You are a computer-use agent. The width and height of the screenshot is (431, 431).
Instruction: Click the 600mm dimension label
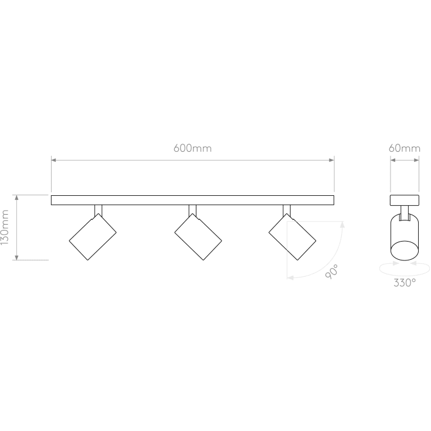pos(192,148)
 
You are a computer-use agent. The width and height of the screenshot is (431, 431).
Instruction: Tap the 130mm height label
pos(6,228)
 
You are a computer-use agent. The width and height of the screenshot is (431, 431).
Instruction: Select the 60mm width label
pos(405,148)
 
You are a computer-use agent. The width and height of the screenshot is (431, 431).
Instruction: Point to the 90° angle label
pos(332,272)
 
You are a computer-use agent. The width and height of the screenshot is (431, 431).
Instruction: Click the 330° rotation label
pos(405,282)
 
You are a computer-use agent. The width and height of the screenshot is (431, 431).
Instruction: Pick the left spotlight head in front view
pos(93,236)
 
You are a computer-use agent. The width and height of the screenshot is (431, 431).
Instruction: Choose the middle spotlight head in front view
pos(198,236)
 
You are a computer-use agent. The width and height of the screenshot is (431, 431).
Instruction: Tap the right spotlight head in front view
pos(292,236)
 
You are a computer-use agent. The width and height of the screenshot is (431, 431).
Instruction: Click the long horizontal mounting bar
pos(192,200)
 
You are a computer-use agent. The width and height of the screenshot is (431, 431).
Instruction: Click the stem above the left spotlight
pos(99,209)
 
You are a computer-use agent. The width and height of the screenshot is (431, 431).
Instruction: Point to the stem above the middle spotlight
pos(192,209)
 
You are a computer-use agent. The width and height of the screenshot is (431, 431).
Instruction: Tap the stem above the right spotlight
pos(287,209)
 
